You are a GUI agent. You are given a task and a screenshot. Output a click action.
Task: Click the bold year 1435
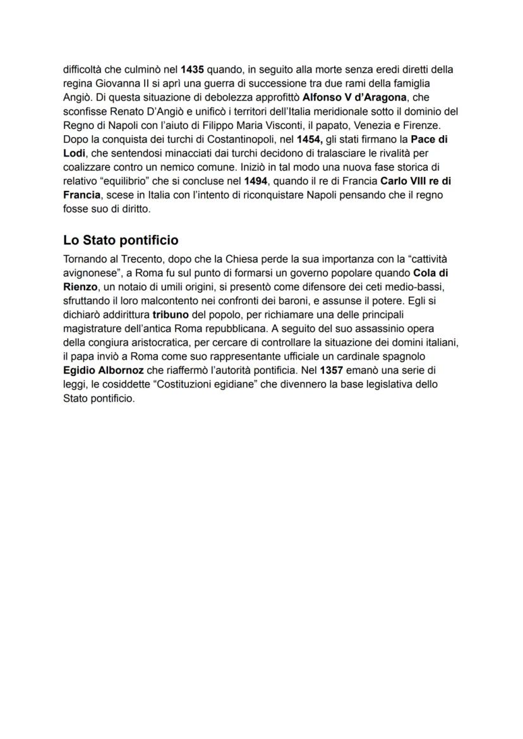click(192, 69)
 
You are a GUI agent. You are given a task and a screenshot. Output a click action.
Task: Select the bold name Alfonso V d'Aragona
click(354, 97)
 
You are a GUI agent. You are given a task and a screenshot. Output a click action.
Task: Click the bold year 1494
click(256, 181)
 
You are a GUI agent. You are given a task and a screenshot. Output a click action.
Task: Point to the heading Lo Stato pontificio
click(121, 240)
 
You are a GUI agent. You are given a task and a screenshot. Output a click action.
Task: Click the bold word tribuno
click(171, 314)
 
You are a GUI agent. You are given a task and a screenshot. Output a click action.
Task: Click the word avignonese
click(92, 273)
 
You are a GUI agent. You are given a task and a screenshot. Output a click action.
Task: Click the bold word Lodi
click(75, 153)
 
